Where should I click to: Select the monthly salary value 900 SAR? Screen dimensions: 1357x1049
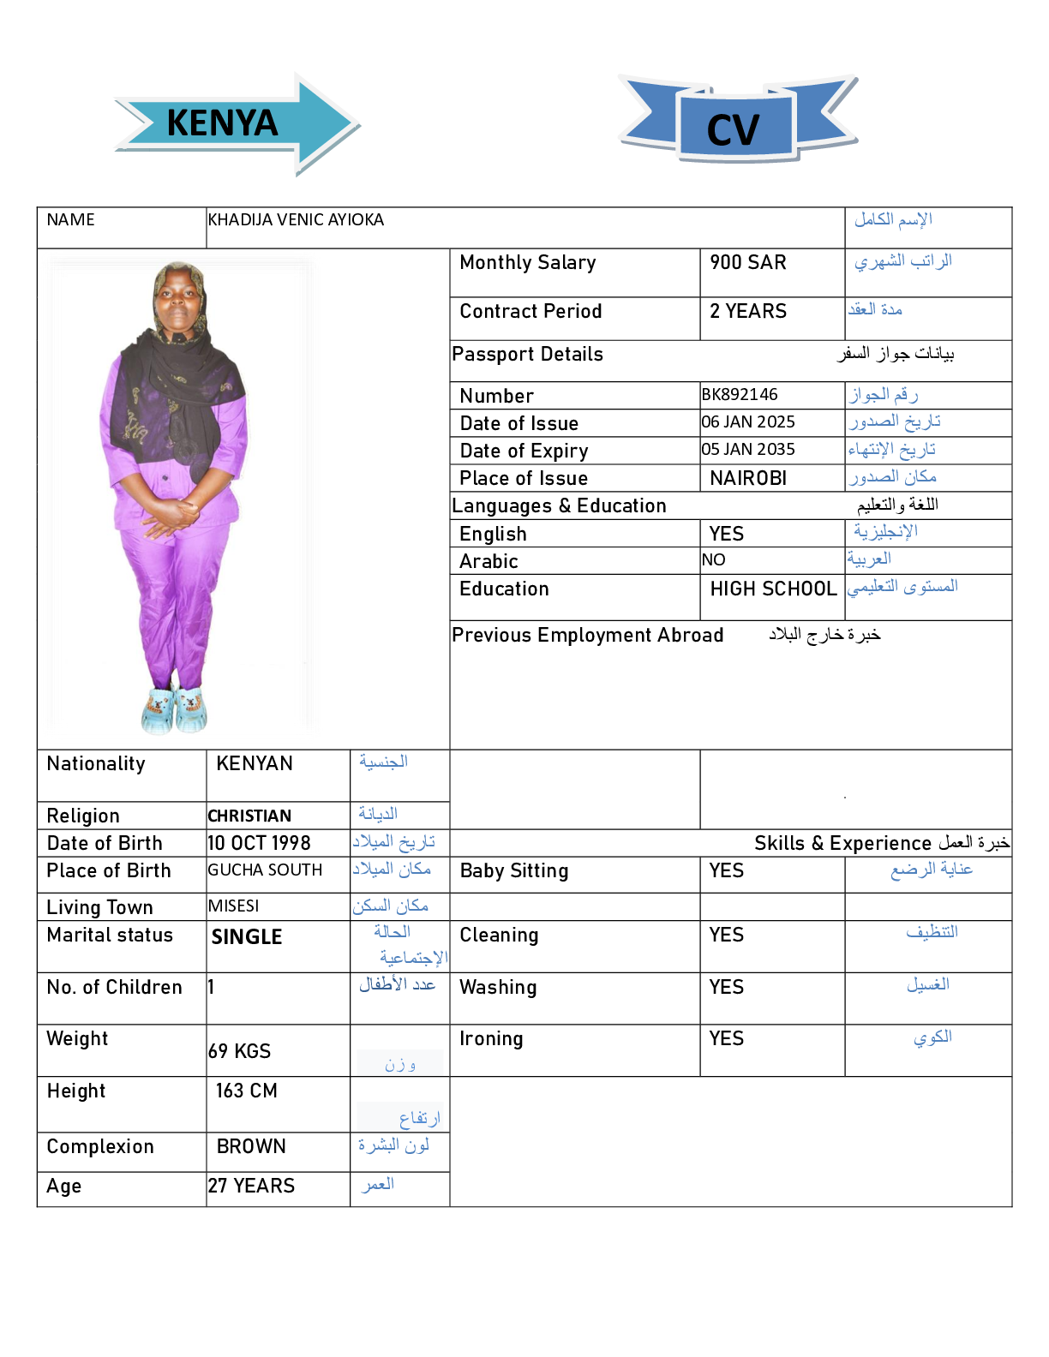click(x=747, y=263)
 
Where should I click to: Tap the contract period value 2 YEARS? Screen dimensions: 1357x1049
click(x=747, y=312)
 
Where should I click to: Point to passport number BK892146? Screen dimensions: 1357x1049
click(x=740, y=395)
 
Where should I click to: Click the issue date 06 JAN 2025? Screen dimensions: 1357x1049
click(x=748, y=422)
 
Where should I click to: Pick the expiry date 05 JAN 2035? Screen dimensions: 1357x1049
click(x=748, y=450)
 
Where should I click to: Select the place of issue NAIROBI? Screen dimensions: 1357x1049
click(x=748, y=478)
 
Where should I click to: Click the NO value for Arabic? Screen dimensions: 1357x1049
click(x=713, y=560)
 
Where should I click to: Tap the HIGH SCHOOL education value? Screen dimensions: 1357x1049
click(x=773, y=589)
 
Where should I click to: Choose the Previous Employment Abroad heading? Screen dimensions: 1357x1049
click(x=588, y=636)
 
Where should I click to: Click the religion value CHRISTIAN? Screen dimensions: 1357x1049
click(x=249, y=816)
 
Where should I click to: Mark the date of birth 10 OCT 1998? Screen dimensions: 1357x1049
click(x=259, y=844)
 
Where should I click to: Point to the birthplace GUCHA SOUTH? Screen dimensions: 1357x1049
click(x=265, y=870)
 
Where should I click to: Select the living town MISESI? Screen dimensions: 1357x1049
click(x=233, y=906)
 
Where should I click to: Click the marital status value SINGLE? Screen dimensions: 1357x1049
click(x=247, y=937)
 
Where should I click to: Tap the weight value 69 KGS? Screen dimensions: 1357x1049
click(x=240, y=1052)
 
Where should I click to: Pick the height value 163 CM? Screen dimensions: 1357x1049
click(x=247, y=1091)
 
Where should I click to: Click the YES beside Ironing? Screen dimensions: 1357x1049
click(x=727, y=1039)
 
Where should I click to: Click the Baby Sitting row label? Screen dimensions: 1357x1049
click(x=514, y=871)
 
